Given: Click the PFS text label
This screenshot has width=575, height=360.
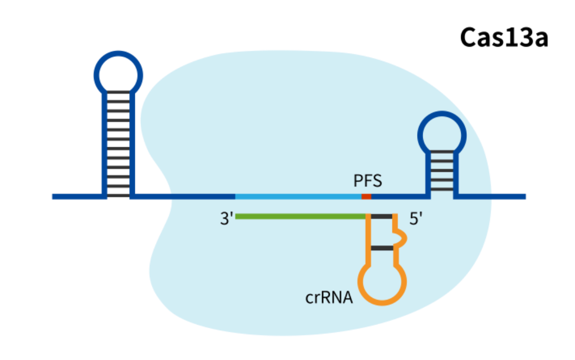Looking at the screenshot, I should (x=367, y=181).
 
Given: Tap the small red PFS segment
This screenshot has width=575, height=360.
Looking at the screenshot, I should (x=366, y=196).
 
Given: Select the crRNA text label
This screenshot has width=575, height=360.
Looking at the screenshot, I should (x=329, y=298).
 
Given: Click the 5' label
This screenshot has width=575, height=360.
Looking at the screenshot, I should (x=416, y=219).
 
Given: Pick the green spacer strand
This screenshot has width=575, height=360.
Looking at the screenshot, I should (x=300, y=216).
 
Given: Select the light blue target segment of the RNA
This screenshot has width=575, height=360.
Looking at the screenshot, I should (x=298, y=196).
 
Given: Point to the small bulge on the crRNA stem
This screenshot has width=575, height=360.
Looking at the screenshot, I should (x=403, y=237).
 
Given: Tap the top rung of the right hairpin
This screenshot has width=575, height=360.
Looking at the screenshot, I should (x=442, y=152).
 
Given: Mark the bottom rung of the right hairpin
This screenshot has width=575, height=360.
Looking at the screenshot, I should (x=442, y=190).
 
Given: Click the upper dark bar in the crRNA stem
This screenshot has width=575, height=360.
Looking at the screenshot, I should (x=382, y=217).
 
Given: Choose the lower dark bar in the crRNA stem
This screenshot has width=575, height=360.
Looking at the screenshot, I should (x=382, y=248).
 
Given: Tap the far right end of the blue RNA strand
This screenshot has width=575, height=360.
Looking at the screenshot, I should (x=524, y=196).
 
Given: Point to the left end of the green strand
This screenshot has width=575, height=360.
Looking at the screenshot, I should (x=237, y=216).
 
